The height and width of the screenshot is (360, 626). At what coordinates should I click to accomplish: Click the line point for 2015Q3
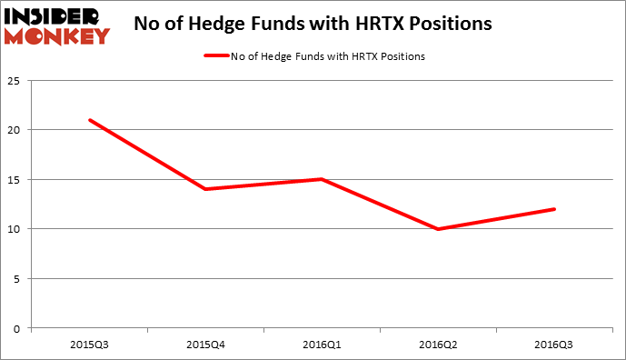89,120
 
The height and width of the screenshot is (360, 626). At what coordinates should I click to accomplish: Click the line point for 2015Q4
205,189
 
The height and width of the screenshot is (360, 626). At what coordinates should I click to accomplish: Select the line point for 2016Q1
323,179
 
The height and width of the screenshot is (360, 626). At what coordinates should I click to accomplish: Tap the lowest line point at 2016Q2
439,229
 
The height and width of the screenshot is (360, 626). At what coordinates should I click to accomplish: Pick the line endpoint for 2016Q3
555,209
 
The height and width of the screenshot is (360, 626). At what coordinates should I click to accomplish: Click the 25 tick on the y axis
15,81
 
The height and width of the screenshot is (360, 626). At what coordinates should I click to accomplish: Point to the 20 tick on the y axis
15,130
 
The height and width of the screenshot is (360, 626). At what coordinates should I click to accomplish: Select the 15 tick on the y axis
15,180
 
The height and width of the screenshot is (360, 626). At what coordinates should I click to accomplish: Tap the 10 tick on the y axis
15,229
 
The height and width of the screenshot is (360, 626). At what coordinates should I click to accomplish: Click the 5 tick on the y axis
18,279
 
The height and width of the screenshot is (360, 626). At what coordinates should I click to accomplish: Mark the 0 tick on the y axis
18,328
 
